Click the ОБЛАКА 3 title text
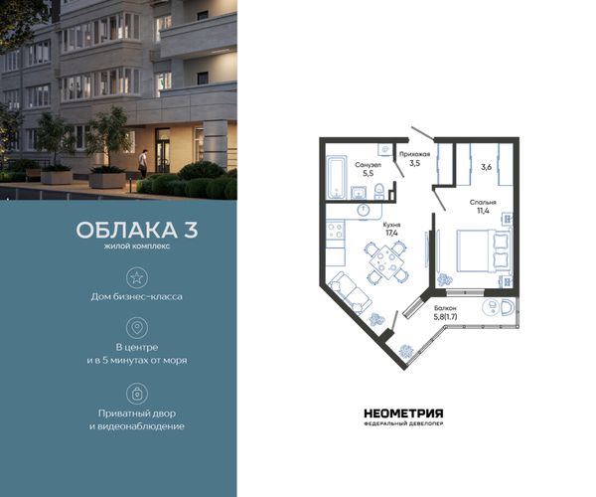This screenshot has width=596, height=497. [x=137, y=230]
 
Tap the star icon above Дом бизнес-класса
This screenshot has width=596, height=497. [x=137, y=277]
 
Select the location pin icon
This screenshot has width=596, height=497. [x=137, y=328]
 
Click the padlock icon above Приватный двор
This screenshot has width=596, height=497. [x=137, y=394]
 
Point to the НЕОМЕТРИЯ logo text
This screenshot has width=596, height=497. [x=403, y=414]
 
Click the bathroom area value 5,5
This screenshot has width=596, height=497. [x=368, y=173]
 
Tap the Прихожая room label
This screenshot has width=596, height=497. [x=414, y=154]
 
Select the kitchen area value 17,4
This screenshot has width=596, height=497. [x=391, y=234]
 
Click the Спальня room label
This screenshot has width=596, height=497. [x=483, y=203]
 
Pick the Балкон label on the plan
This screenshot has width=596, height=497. [x=445, y=308]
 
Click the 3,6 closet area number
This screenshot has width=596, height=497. [x=487, y=167]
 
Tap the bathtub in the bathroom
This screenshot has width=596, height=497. [x=336, y=177]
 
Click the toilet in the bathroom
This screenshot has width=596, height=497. [x=379, y=191]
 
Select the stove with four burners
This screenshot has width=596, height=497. [x=336, y=230]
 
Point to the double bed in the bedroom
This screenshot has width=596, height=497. [x=482, y=250]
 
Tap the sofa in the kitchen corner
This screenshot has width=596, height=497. [x=351, y=293]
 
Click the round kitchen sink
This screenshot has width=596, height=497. [x=364, y=210]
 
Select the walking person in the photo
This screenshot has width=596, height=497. [x=142, y=164]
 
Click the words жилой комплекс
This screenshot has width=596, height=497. [x=137, y=247]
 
